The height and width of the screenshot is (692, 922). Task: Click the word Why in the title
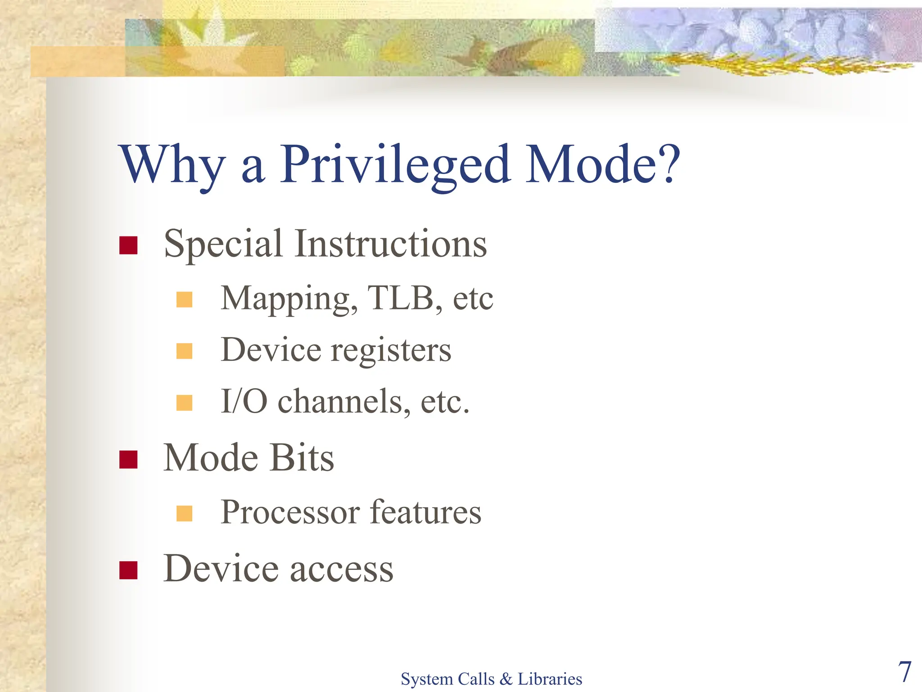pyautogui.click(x=172, y=165)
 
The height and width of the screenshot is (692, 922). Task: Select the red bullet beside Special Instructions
pyautogui.click(x=128, y=246)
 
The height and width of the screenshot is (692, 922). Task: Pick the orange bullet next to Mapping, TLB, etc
pyautogui.click(x=184, y=300)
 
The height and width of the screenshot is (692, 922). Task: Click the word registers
pyautogui.click(x=391, y=351)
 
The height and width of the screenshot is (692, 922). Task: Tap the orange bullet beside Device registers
pyautogui.click(x=184, y=351)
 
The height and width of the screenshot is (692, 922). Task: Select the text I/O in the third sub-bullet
pyautogui.click(x=244, y=401)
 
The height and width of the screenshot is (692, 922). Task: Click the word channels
pyautogui.click(x=344, y=401)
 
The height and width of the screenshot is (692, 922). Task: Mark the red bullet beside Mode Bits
pyautogui.click(x=128, y=460)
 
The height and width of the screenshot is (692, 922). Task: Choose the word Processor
pyautogui.click(x=290, y=513)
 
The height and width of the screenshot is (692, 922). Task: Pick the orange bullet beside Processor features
pyautogui.click(x=184, y=513)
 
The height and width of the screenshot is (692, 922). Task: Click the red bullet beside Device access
pyautogui.click(x=128, y=570)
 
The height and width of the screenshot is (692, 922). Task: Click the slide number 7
pyautogui.click(x=904, y=672)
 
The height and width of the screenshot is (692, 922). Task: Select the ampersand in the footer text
pyautogui.click(x=506, y=679)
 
